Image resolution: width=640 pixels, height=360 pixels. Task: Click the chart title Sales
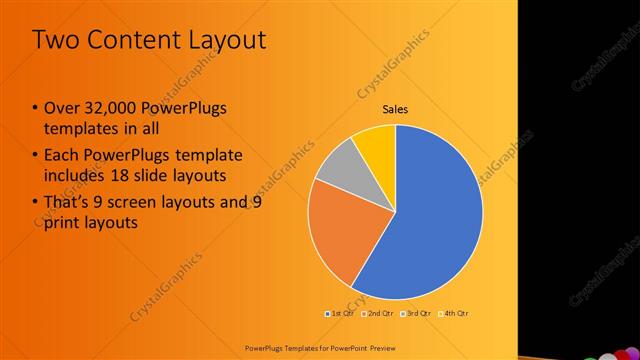[395, 109]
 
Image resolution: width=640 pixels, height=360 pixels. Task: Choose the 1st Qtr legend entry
[341, 313]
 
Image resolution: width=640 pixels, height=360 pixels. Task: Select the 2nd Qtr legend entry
[377, 313]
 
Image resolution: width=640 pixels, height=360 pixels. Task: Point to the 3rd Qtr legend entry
[415, 313]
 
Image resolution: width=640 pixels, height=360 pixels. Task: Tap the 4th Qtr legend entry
[453, 313]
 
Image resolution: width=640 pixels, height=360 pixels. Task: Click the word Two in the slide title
[56, 40]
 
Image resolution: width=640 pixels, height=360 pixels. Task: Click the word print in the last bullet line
[63, 223]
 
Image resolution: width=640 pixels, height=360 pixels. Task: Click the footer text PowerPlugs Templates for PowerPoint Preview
[319, 346]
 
